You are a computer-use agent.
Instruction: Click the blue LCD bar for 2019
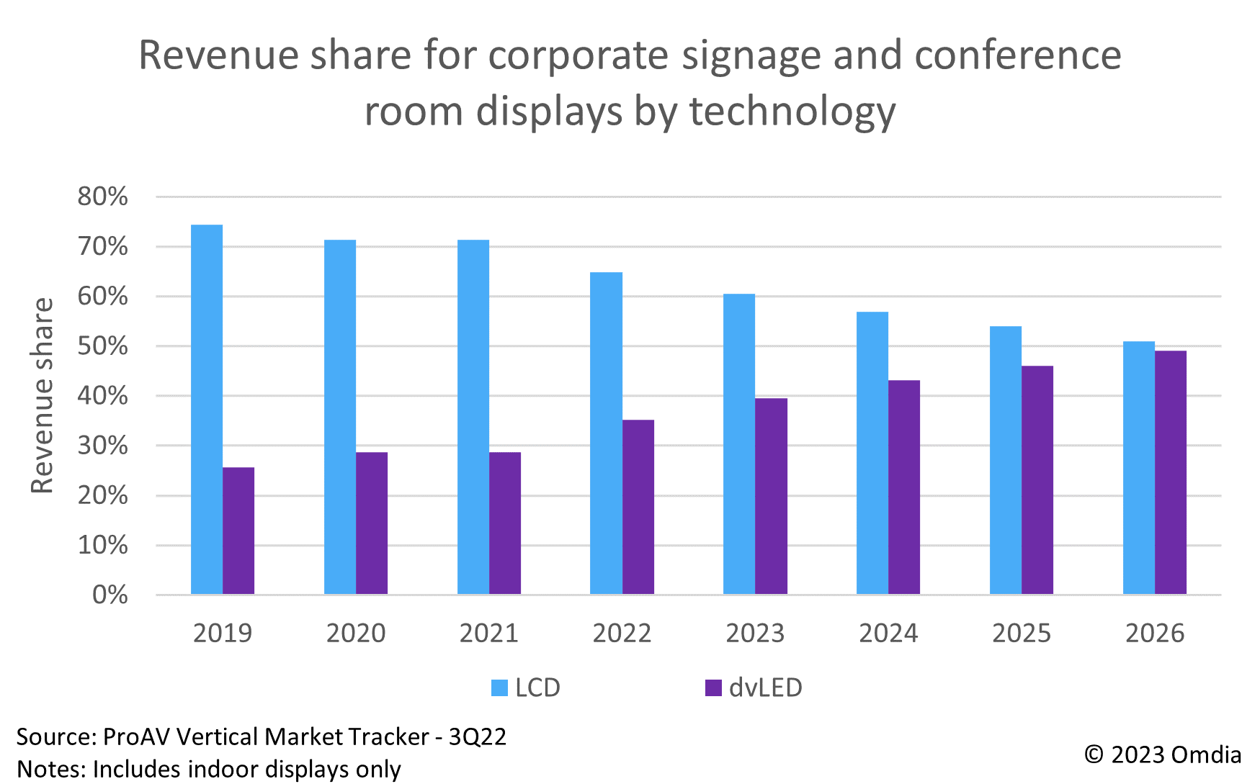[x=207, y=410]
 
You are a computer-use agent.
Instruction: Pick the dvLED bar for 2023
[x=771, y=496]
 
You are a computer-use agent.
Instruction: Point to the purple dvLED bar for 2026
[x=1170, y=472]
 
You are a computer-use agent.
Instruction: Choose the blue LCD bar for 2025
[x=1005, y=460]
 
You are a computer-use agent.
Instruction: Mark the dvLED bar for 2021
[x=505, y=523]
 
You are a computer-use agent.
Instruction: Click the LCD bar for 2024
[x=872, y=453]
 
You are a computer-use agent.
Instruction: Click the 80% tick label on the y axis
[x=102, y=197]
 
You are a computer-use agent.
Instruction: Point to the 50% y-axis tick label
[x=102, y=346]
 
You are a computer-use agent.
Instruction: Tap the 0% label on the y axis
[x=110, y=595]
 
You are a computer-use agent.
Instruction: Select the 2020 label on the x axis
[x=356, y=634]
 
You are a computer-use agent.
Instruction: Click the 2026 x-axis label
[x=1154, y=634]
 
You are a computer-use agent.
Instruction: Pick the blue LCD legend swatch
[x=499, y=688]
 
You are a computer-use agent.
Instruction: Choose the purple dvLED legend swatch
[x=713, y=688]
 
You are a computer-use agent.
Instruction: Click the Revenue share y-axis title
[x=43, y=395]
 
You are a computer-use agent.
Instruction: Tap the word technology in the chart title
[x=792, y=112]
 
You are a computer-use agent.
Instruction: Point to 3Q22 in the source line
[x=478, y=736]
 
